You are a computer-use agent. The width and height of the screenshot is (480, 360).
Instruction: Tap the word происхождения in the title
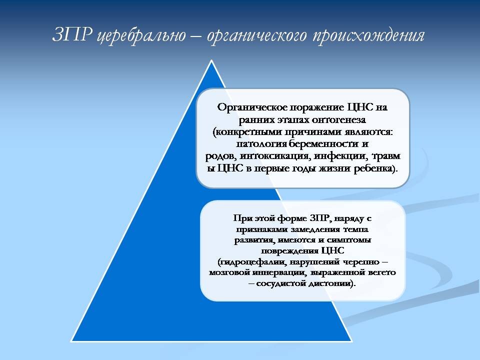368,36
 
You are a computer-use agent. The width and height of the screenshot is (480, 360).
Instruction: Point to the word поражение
317,108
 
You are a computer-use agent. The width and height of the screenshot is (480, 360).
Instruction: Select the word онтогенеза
338,119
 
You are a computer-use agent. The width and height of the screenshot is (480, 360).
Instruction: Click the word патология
261,144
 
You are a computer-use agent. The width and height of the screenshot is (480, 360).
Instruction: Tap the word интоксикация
275,156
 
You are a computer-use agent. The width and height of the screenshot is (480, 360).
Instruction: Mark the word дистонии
331,283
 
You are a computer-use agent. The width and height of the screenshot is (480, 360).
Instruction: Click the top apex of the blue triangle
211,60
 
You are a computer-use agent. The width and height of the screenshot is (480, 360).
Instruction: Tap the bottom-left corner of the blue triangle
71,341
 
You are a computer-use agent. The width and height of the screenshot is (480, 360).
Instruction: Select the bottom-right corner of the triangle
351,341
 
